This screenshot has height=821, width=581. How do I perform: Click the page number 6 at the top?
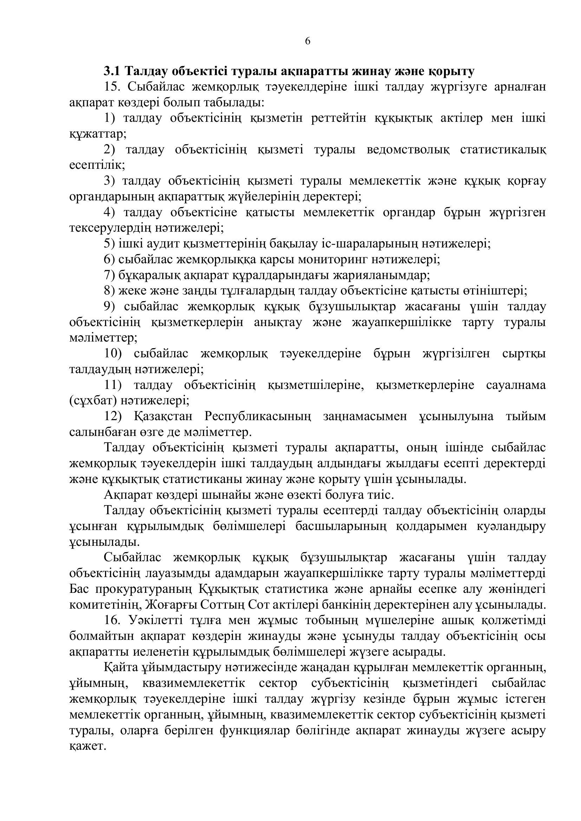click(307, 41)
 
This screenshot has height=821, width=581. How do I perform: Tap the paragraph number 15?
click(112, 87)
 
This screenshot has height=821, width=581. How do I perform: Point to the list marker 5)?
click(109, 244)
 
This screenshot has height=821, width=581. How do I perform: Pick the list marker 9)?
click(109, 307)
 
